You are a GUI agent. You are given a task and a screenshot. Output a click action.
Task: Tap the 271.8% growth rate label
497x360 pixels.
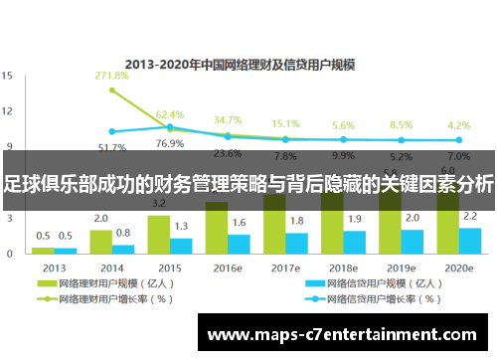point(111,76)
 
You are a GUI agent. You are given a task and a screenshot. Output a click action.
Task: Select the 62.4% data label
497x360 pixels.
point(170,115)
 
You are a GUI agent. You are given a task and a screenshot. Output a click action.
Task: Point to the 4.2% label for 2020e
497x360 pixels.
point(458,126)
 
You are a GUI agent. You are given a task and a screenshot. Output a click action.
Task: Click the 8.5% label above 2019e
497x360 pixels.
point(401,126)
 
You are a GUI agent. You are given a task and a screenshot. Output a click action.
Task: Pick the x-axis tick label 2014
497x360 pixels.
point(111,268)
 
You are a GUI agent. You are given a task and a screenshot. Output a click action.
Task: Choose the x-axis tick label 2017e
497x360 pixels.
point(284,268)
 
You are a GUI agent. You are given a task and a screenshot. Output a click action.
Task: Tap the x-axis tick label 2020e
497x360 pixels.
point(458,268)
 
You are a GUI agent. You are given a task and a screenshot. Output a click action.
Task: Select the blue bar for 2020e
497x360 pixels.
point(470,242)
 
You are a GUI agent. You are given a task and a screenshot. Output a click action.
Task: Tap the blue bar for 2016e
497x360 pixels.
point(240,245)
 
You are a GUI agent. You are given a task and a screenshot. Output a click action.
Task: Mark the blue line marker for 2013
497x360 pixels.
point(112,131)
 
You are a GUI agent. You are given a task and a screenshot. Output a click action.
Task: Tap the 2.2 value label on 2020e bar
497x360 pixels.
point(470,217)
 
